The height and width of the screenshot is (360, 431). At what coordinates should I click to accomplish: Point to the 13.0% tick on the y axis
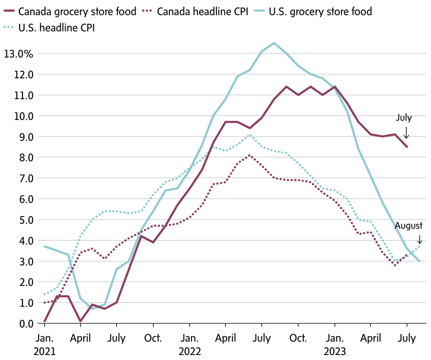(18, 54)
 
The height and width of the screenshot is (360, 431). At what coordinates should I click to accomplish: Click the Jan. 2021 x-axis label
(45, 344)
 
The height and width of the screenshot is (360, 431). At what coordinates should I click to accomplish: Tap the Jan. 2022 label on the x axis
(190, 344)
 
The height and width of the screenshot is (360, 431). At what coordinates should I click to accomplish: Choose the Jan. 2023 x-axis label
(335, 344)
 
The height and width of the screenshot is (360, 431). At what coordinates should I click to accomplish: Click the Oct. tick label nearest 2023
(298, 338)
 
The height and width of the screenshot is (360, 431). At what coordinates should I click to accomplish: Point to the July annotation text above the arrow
(404, 118)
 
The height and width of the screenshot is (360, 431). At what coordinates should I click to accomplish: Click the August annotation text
(408, 226)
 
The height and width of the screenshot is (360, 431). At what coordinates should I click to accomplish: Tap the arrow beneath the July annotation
(407, 133)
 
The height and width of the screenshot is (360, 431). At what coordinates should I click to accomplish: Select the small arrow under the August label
(419, 239)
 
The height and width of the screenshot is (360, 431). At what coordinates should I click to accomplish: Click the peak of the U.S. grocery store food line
(274, 43)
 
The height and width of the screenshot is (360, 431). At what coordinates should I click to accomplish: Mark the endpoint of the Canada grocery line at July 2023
(407, 147)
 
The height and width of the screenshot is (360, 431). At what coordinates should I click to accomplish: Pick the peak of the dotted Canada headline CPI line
(250, 155)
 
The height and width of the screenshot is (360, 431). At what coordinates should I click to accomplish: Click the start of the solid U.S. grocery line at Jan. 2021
(45, 246)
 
